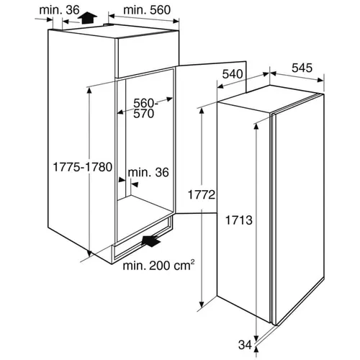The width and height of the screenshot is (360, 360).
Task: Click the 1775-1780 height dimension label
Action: [x=82, y=167]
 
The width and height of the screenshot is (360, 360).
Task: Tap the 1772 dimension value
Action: [x=202, y=194]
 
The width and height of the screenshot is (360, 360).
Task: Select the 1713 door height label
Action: [x=239, y=220]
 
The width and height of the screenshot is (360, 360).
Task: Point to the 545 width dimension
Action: [x=302, y=68]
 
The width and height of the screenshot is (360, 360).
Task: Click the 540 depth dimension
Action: [x=233, y=74]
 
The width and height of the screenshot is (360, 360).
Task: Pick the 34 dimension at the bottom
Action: [x=245, y=345]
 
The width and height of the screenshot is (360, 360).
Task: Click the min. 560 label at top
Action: [x=147, y=10]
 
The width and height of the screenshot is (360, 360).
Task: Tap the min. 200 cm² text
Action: [x=158, y=265]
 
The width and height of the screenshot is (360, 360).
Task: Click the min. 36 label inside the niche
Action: [x=148, y=172]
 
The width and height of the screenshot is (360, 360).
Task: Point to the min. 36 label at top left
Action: [x=59, y=10]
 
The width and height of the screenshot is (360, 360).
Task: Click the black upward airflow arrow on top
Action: [x=87, y=18]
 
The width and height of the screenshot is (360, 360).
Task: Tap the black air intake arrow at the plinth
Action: [x=151, y=240]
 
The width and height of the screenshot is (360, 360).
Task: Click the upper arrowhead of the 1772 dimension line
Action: [x=202, y=112]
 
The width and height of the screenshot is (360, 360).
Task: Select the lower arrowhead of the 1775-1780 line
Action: [x=89, y=253]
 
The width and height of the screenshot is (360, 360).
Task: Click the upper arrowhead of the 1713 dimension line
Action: [x=256, y=127]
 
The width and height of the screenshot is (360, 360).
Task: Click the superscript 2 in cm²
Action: [x=192, y=261]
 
